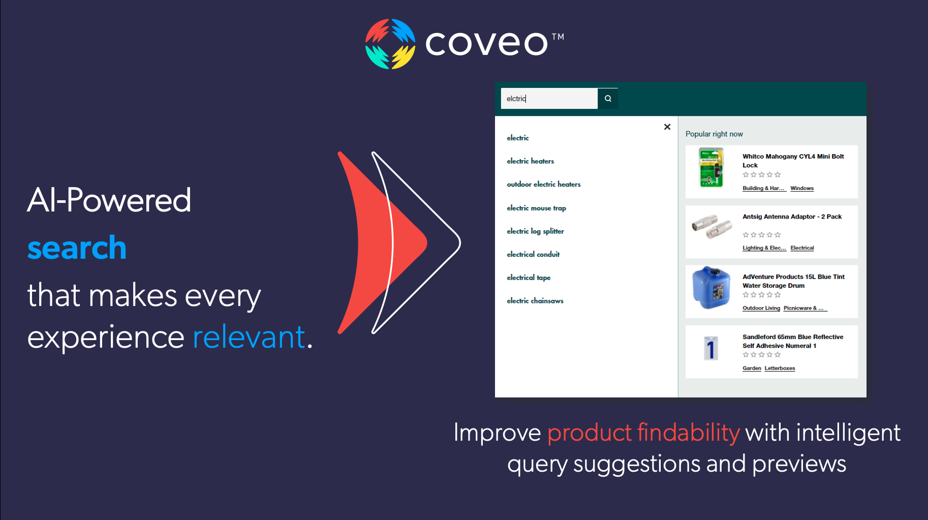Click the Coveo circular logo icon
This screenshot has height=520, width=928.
(390, 44)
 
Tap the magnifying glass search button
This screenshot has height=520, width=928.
(608, 99)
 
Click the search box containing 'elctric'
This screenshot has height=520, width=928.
(549, 99)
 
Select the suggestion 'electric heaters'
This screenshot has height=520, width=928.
(530, 161)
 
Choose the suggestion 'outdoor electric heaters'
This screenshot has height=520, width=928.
(543, 185)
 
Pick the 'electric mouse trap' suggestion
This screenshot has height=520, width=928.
(536, 208)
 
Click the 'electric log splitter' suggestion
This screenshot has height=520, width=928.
(535, 231)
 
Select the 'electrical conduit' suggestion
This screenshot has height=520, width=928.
(533, 254)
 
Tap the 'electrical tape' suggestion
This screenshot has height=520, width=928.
(529, 278)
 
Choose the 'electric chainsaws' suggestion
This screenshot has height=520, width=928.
(535, 301)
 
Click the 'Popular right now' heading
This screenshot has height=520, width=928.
(714, 134)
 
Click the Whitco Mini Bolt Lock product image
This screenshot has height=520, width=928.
(711, 167)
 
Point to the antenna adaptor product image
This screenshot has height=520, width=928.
(712, 226)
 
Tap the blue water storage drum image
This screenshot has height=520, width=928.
(711, 287)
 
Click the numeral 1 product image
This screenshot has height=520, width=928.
(710, 349)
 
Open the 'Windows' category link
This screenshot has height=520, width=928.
(802, 189)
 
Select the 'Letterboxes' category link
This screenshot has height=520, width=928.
(780, 369)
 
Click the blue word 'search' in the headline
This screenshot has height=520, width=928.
(77, 248)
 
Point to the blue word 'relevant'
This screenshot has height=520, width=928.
(249, 337)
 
